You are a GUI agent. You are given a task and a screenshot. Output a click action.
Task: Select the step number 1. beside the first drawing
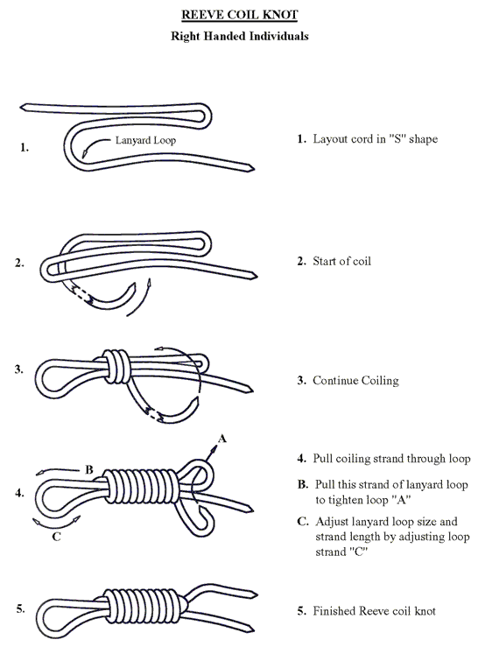(24, 148)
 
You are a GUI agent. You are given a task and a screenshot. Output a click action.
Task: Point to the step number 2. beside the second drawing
(20, 262)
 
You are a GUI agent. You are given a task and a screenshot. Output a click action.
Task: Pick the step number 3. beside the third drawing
(19, 369)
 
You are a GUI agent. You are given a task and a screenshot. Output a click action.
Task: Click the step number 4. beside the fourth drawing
(19, 493)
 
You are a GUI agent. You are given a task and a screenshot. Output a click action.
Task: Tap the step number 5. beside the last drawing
(19, 608)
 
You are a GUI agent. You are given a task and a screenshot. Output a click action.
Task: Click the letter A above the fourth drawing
(221, 439)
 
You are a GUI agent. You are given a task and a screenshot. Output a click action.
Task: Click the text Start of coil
(338, 261)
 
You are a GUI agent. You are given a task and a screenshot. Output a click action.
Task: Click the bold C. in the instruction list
(303, 521)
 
